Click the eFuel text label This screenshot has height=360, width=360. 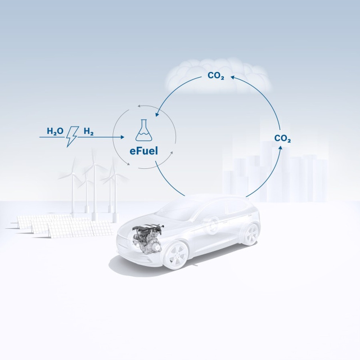point(144,151)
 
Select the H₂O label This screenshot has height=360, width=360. point(55,131)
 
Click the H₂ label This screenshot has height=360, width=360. point(89,131)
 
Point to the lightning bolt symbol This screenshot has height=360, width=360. point(72,136)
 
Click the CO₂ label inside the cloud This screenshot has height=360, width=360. point(216,75)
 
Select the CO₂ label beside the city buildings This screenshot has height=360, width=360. point(282,138)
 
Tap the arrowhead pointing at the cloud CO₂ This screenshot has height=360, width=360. point(232,78)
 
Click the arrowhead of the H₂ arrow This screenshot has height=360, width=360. point(123,137)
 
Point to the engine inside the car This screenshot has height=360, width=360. point(148,238)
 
